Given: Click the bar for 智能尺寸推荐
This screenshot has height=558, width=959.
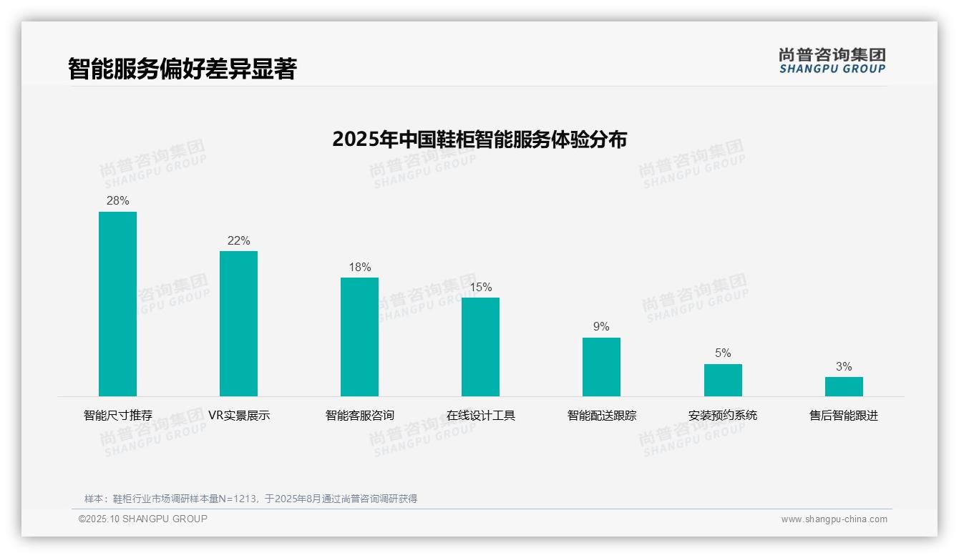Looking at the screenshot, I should point(117,304).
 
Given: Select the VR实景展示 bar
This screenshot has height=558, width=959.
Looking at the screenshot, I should point(238,323).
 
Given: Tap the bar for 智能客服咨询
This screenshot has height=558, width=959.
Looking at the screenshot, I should point(359,337).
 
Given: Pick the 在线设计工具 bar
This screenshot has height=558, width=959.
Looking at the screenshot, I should point(480,347).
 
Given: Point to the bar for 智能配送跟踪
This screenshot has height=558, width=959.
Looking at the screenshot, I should point(601,367).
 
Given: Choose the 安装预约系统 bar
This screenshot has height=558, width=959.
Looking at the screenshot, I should point(723,380).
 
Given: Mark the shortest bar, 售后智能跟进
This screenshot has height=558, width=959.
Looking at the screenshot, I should point(844,386).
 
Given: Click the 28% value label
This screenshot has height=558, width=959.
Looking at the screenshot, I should point(117,201).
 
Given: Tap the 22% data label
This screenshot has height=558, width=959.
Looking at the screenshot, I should point(238,241).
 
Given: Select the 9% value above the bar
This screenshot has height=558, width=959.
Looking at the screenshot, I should point(601,327).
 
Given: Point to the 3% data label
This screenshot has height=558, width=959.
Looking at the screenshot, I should point(844,367).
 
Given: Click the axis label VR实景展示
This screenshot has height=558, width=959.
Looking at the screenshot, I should point(238,416).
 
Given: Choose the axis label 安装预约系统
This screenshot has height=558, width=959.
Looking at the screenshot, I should point(723,416).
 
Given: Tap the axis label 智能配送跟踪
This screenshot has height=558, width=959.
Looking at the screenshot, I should point(601,416).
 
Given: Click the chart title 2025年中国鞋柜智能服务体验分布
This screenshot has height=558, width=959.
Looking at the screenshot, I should point(479,139).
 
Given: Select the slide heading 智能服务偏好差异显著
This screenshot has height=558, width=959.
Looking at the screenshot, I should point(182,69).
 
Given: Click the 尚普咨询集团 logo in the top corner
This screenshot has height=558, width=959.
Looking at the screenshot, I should point(832,61).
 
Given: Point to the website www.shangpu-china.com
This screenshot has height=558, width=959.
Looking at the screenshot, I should point(834,519).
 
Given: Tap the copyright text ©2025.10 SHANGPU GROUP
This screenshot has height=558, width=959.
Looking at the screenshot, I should point(143,519).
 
